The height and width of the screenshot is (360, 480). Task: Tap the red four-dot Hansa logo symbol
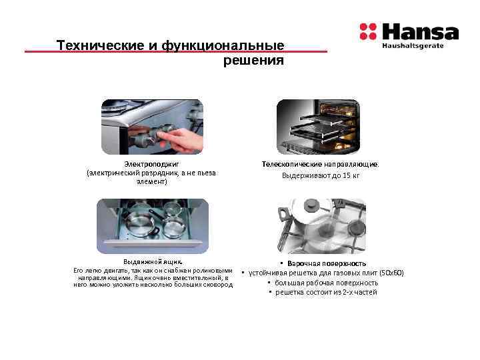coord(368,31)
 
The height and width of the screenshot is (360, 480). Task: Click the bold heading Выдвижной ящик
coord(153,261)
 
